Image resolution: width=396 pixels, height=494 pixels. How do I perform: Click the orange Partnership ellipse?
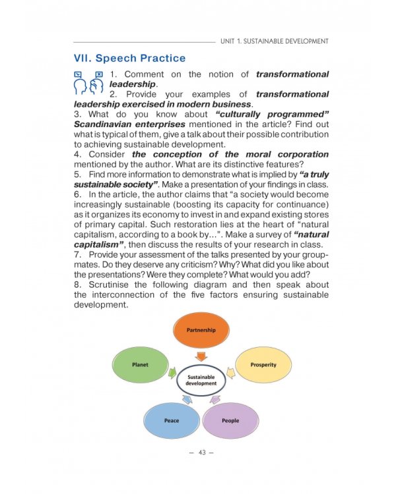(x=201, y=330)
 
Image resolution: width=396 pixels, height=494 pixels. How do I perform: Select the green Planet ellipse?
(x=140, y=365)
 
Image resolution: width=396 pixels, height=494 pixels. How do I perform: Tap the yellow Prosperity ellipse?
(x=263, y=365)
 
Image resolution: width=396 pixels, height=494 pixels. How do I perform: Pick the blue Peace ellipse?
(x=172, y=421)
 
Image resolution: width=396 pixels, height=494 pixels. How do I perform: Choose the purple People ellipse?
(x=230, y=421)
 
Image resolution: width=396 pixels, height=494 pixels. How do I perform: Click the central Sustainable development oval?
(x=201, y=380)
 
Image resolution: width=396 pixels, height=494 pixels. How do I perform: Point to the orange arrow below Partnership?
(x=201, y=356)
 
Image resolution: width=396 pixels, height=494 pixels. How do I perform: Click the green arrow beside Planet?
(x=172, y=373)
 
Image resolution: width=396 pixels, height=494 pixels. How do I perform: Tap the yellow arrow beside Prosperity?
(x=231, y=373)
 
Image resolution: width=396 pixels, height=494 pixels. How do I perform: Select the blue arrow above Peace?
(x=187, y=399)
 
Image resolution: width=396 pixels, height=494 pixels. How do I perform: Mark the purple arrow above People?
(x=215, y=399)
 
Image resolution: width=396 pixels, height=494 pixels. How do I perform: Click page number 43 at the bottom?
(x=202, y=453)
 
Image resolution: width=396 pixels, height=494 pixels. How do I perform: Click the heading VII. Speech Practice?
(x=130, y=58)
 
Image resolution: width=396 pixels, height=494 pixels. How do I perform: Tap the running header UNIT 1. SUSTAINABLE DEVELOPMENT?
(x=275, y=41)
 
